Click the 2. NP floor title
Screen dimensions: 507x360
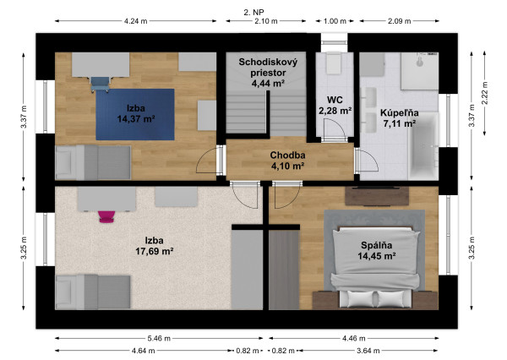[x=253, y=13]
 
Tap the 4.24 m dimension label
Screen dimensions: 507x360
[x=135, y=21]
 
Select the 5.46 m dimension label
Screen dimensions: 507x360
[x=159, y=339]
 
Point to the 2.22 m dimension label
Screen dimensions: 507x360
[x=485, y=93]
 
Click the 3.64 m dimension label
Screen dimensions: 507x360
[x=368, y=351]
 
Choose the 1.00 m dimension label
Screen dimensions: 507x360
[x=335, y=21]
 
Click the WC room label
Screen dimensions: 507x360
[x=335, y=100]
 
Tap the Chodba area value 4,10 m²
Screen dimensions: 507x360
[x=287, y=166]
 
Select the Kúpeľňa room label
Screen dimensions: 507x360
[x=400, y=113]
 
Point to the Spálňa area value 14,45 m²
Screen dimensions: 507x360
[x=377, y=256]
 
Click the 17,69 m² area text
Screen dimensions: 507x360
[x=155, y=251]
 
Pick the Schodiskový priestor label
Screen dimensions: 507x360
[x=268, y=68]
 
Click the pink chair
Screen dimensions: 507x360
[x=106, y=216]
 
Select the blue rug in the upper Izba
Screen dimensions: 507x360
[x=135, y=114]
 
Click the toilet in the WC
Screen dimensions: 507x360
[x=335, y=63]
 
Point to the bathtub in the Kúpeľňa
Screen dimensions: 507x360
[x=423, y=146]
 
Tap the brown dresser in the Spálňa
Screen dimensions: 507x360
[x=377, y=196]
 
